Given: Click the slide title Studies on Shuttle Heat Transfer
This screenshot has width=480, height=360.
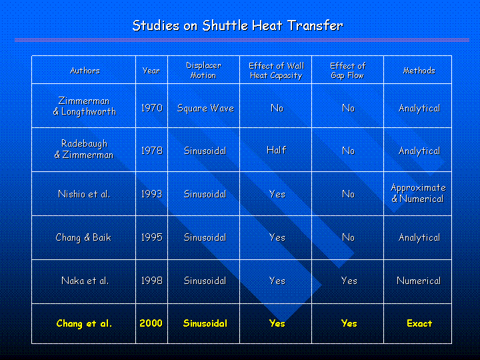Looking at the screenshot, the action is pyautogui.click(x=238, y=26).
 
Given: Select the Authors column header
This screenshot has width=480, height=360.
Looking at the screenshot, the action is pyautogui.click(x=85, y=71).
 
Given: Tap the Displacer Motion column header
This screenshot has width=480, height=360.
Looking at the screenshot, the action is pyautogui.click(x=203, y=71).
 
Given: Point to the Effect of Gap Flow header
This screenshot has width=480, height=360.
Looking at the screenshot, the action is pyautogui.click(x=348, y=71).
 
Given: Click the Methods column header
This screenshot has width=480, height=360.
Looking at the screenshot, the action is pyautogui.click(x=419, y=71).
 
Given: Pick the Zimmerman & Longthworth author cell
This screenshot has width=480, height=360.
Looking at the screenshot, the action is pyautogui.click(x=85, y=106).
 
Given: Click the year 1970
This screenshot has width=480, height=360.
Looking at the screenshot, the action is pyautogui.click(x=151, y=108).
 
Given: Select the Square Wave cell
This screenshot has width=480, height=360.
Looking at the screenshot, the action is pyautogui.click(x=205, y=109).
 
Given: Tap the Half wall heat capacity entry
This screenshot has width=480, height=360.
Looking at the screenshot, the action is pyautogui.click(x=277, y=150).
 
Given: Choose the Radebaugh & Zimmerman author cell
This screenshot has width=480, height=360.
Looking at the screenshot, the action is pyautogui.click(x=84, y=149).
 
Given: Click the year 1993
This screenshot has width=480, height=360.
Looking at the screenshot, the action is pyautogui.click(x=151, y=194).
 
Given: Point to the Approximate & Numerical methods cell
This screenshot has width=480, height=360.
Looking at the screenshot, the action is pyautogui.click(x=418, y=193).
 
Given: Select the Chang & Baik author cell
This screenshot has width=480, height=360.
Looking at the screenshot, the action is pyautogui.click(x=83, y=237).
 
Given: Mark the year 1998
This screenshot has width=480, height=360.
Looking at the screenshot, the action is pyautogui.click(x=151, y=281).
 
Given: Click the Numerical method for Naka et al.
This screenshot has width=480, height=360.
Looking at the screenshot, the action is pyautogui.click(x=419, y=281).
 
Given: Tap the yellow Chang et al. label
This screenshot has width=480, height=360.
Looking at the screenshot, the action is pyautogui.click(x=84, y=323).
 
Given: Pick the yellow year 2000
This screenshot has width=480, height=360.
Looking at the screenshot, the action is pyautogui.click(x=151, y=323).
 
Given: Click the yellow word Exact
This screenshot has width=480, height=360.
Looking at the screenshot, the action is pyautogui.click(x=419, y=323).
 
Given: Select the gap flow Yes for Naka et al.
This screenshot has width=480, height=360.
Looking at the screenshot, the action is pyautogui.click(x=349, y=281).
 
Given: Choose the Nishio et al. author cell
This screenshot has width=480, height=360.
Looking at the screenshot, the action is pyautogui.click(x=84, y=194).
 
